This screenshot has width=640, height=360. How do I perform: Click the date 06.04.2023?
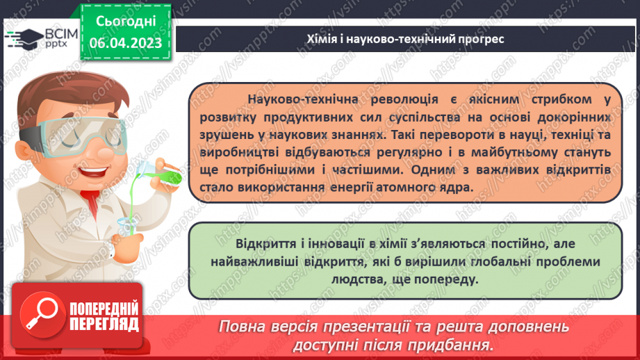126,42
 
